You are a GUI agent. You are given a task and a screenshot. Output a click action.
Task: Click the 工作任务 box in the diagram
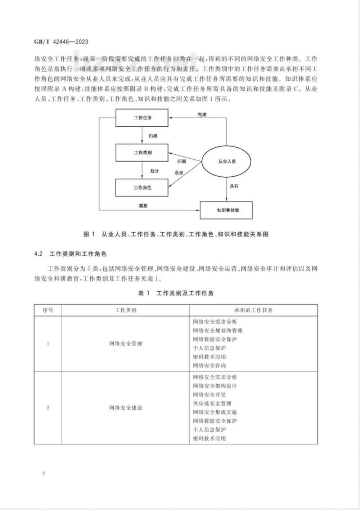(142, 118)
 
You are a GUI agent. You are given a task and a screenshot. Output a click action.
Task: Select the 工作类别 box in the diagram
(142, 152)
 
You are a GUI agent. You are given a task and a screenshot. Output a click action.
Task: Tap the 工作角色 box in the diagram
(142, 187)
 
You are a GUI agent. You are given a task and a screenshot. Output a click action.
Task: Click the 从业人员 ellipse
(226, 161)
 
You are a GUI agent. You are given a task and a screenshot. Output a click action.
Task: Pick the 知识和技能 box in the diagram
(226, 210)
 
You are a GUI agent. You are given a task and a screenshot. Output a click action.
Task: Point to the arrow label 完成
(202, 115)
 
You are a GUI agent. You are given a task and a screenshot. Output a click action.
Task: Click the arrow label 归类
(153, 136)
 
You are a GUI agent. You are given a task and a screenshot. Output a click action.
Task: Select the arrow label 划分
(154, 171)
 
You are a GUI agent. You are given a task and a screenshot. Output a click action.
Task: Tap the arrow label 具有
(234, 186)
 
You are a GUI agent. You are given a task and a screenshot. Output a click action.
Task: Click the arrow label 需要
(143, 206)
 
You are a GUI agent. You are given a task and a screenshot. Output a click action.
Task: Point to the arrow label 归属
(182, 161)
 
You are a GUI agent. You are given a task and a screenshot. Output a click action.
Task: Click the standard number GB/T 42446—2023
(61, 42)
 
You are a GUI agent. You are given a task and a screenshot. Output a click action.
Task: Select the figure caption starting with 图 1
(176, 234)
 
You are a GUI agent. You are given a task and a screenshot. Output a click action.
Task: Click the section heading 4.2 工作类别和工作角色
(71, 254)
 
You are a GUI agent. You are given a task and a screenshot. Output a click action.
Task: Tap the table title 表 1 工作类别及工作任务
(176, 293)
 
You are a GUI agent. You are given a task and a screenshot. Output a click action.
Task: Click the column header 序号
(48, 310)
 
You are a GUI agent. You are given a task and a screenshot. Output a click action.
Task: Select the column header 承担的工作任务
(253, 310)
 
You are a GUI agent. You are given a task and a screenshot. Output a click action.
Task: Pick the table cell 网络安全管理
(126, 344)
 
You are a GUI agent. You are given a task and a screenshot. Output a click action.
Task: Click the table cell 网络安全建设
(126, 408)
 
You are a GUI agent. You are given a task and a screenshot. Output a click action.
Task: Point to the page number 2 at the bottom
(44, 473)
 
